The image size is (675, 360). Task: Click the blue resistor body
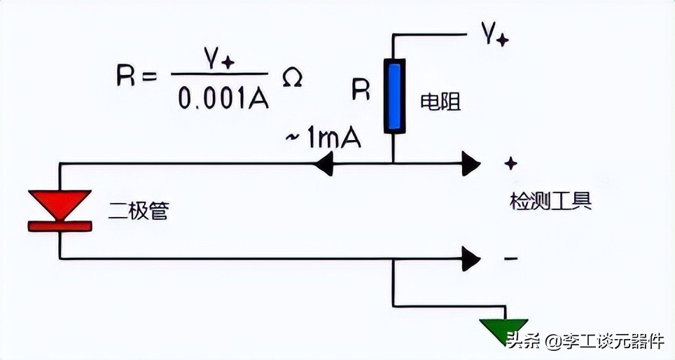tap(394, 96)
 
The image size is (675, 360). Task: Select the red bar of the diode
tap(60, 226)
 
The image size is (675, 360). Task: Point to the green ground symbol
tap(504, 330)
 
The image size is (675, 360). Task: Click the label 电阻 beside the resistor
tap(439, 103)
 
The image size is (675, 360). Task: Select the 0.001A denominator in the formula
tap(223, 99)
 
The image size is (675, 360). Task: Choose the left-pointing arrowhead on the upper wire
tap(323, 165)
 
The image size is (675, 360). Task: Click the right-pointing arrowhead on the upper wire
tap(471, 165)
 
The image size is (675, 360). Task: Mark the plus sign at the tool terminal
tap(511, 163)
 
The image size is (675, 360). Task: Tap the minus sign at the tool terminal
tap(511, 258)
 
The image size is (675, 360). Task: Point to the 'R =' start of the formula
tap(137, 76)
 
